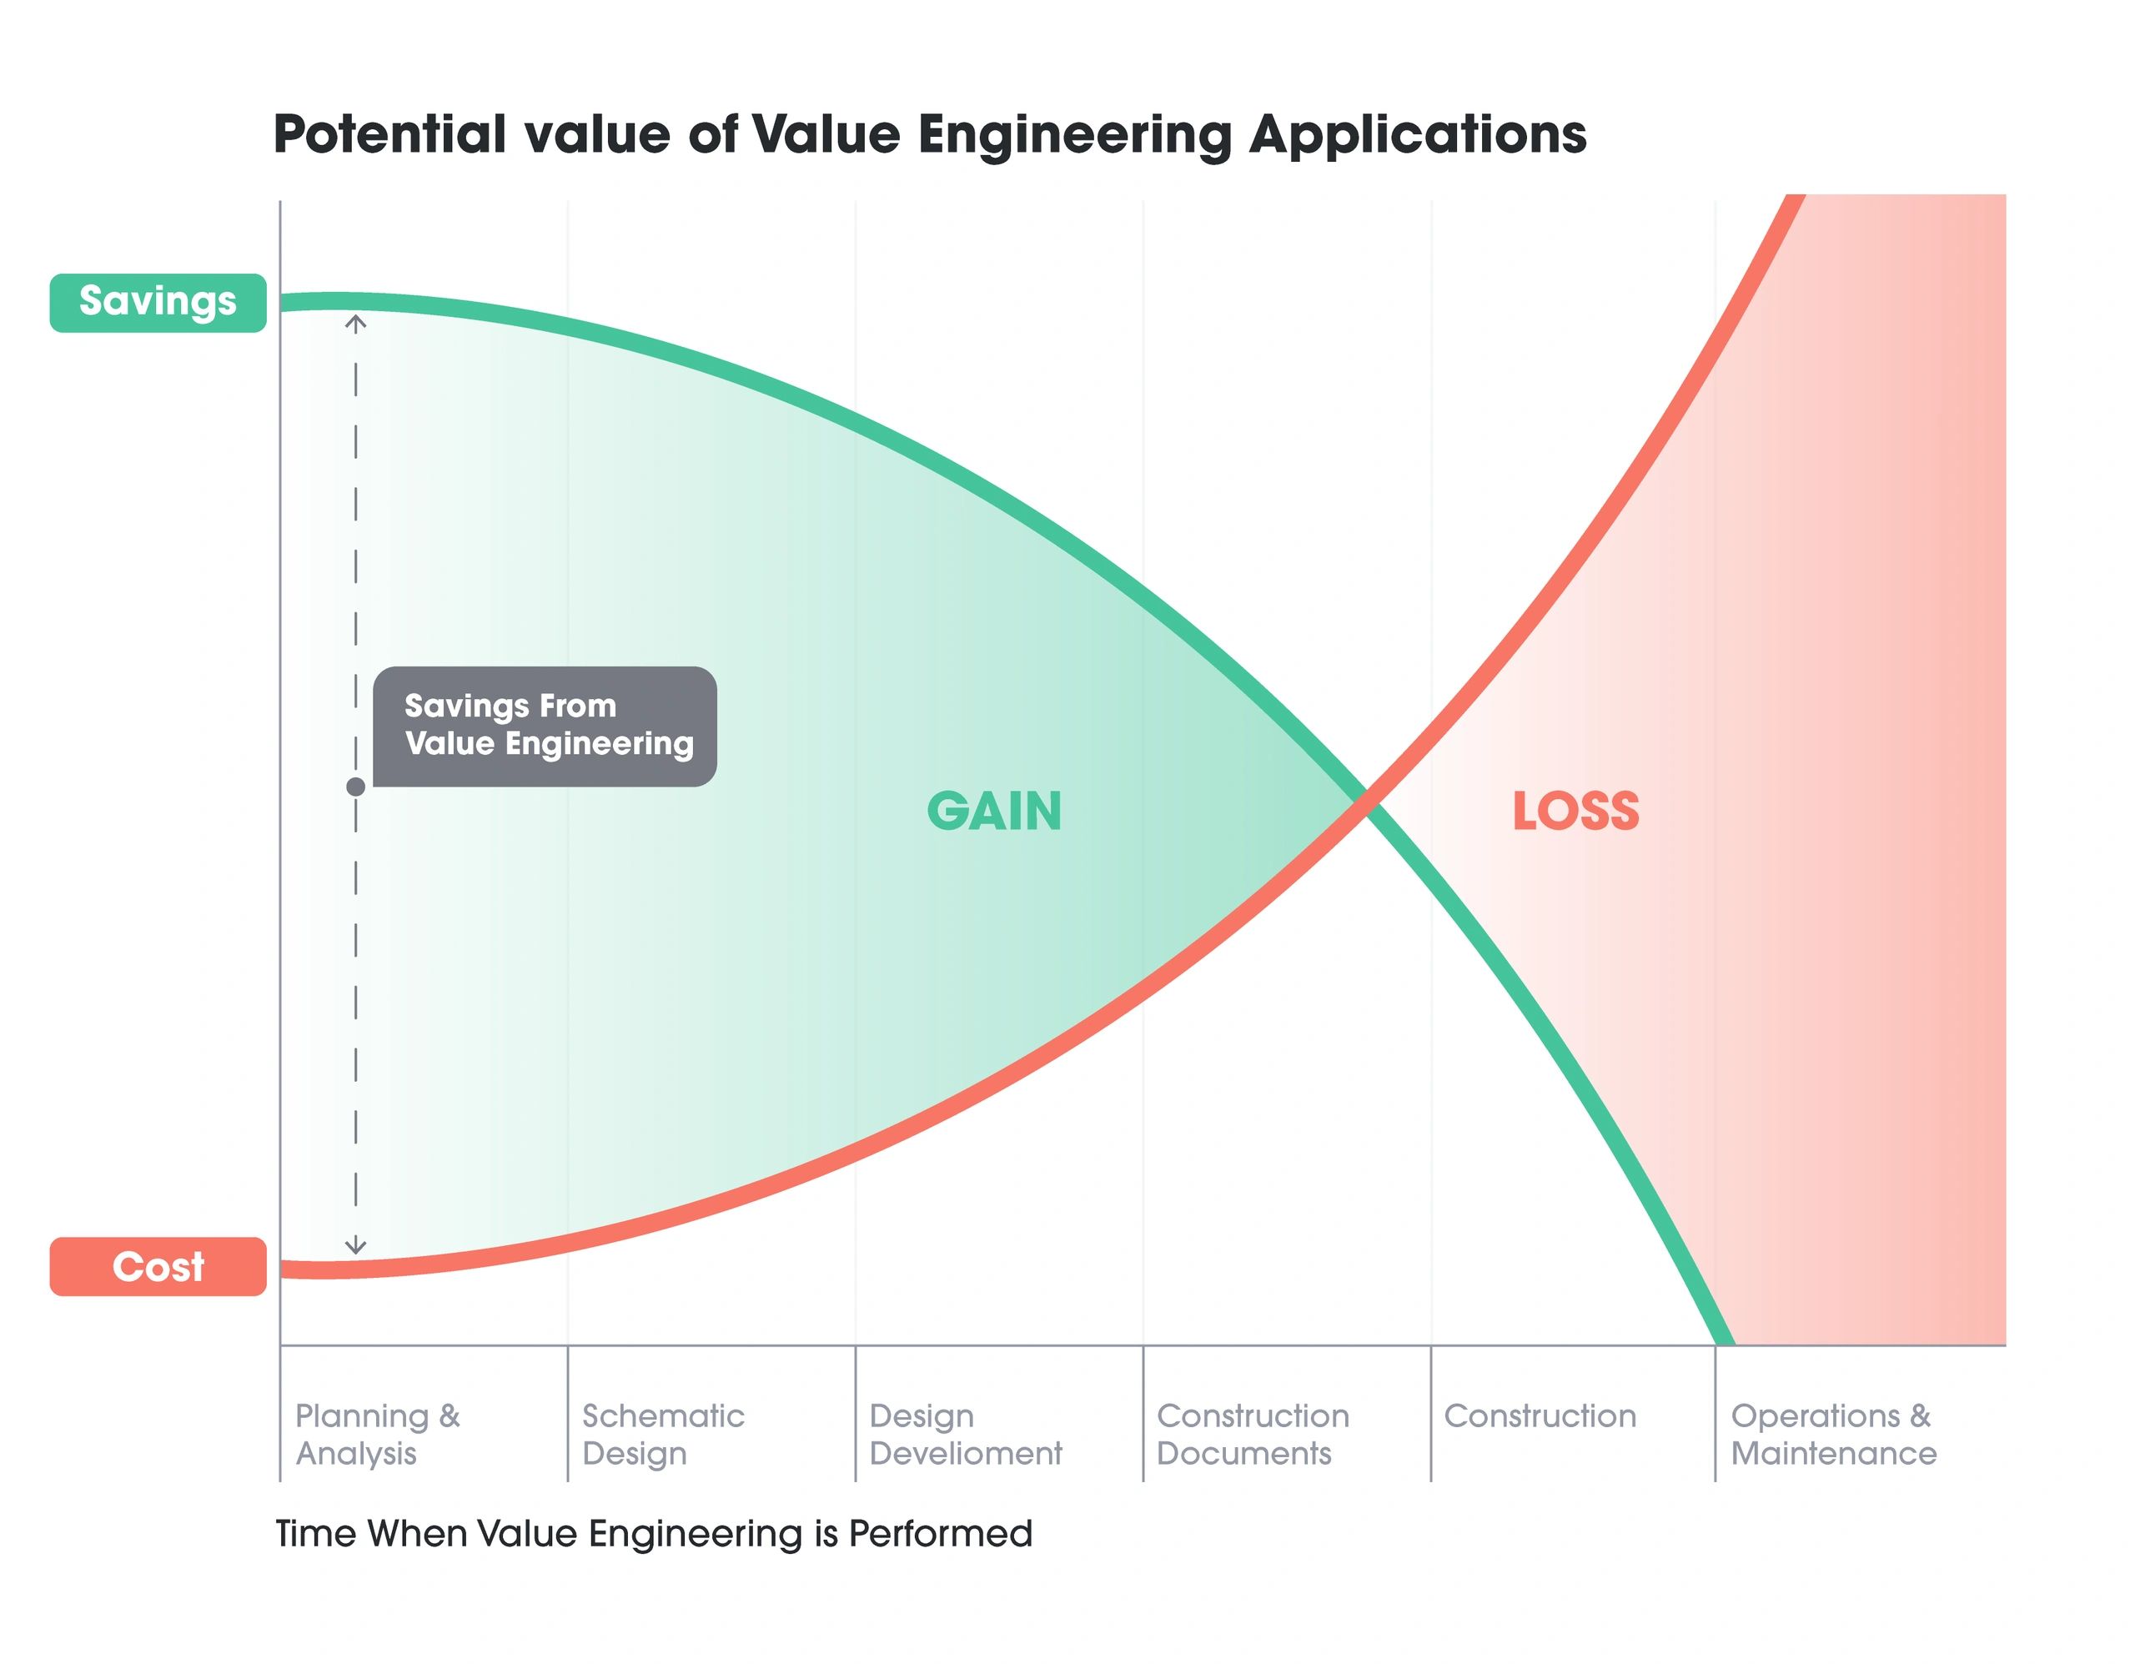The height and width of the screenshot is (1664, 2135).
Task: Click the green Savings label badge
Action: (158, 303)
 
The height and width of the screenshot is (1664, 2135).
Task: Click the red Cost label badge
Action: (158, 1267)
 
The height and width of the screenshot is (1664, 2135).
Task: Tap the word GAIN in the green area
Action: (993, 812)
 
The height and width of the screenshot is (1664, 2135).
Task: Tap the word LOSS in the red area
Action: (1575, 812)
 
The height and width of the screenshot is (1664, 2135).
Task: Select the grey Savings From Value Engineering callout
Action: (545, 726)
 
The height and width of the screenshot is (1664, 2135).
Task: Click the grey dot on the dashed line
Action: (356, 787)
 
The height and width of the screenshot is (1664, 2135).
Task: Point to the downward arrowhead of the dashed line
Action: (356, 1249)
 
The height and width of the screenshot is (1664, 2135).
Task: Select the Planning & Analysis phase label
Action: (377, 1435)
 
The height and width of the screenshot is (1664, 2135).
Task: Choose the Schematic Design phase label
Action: (663, 1435)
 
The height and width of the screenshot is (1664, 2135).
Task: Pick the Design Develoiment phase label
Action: (965, 1435)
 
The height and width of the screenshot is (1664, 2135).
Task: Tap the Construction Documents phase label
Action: (1253, 1435)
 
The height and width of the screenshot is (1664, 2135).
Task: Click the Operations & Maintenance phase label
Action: (1833, 1435)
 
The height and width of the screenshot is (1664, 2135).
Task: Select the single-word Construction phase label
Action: (1540, 1416)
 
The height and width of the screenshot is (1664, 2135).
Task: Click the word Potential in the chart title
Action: (389, 134)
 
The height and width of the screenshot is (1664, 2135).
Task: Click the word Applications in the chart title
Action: (1418, 134)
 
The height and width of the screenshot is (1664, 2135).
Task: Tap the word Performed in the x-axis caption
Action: (939, 1533)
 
